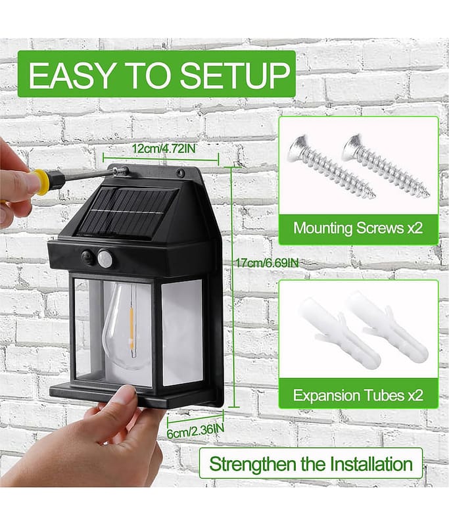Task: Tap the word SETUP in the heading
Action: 235,75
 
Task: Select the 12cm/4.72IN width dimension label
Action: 163,149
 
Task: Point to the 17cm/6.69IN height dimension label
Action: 266,262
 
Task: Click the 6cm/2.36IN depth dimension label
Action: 195,431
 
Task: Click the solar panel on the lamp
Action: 128,211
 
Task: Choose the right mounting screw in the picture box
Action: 385,165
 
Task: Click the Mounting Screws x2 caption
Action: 358,228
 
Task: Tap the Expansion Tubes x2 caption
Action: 358,395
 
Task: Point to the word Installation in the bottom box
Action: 371,464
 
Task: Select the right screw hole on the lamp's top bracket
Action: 180,174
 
